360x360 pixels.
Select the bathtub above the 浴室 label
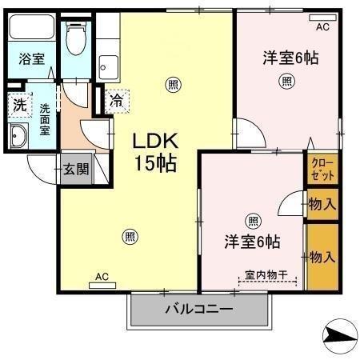tap(32, 30)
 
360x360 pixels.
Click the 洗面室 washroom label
tap(44, 118)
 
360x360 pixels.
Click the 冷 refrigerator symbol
tap(116, 101)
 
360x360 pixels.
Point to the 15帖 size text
tap(154, 165)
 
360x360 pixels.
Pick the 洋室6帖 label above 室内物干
tap(253, 240)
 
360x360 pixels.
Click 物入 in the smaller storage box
tap(322, 205)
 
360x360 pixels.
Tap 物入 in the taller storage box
tap(322, 258)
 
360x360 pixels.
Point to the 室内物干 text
tap(268, 274)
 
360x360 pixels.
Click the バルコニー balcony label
tap(199, 309)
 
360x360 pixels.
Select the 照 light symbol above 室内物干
tap(253, 221)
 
